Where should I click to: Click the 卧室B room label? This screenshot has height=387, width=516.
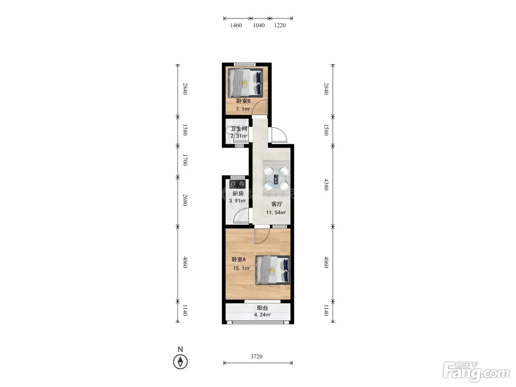243,101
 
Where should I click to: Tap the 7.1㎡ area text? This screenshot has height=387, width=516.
243,109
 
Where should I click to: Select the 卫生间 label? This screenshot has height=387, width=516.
239,129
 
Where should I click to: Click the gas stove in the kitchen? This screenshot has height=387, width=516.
238,184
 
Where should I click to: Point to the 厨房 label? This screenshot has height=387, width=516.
238,193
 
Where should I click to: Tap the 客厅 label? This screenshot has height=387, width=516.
277,204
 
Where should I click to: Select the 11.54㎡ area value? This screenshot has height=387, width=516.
276,213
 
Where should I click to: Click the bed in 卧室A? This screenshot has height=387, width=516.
273,270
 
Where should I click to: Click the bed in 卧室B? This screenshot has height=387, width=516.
245,83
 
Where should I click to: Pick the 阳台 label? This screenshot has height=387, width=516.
262,308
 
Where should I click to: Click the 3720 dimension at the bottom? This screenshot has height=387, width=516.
257,357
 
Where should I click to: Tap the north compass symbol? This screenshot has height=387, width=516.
180,362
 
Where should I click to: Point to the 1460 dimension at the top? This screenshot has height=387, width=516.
236,25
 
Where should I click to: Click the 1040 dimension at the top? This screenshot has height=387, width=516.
259,25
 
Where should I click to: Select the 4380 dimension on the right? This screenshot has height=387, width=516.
326,184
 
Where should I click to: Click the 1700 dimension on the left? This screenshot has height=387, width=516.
185,160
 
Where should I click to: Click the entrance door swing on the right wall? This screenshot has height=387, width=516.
279,135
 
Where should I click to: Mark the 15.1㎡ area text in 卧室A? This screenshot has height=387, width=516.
241,268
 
